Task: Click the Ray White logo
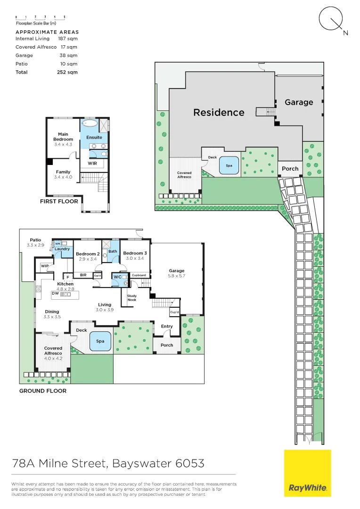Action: [x=307, y=473]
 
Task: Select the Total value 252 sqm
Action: [x=67, y=72]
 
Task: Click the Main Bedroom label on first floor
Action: [x=63, y=137]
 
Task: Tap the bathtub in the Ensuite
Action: [x=90, y=124]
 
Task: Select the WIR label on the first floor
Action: [x=93, y=164]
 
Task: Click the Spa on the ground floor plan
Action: [x=100, y=341]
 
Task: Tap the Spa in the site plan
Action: [x=229, y=165]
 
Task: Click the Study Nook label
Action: [x=132, y=297]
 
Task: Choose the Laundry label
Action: [x=62, y=249]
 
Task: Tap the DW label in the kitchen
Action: [x=55, y=293]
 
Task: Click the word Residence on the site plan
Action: [x=219, y=112]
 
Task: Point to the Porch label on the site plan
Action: [x=290, y=168]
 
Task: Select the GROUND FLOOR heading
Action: [x=42, y=391]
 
